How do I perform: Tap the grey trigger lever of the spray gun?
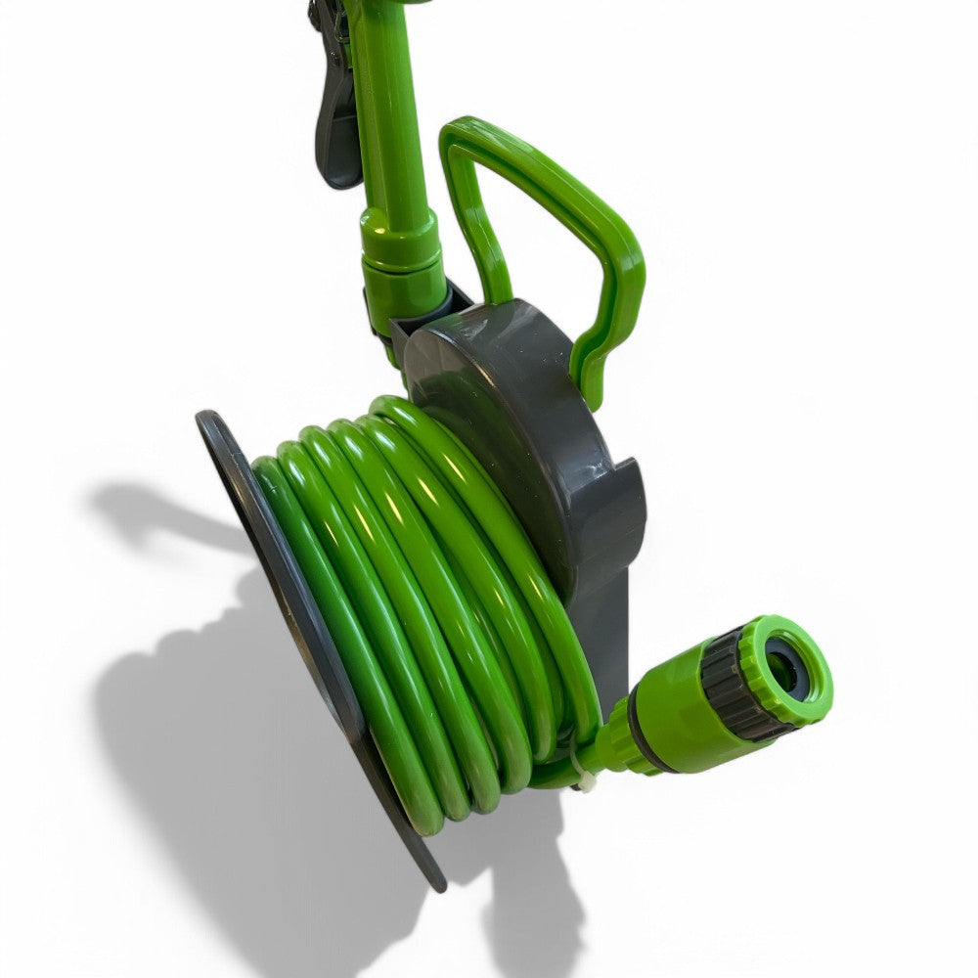coord(337,127)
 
